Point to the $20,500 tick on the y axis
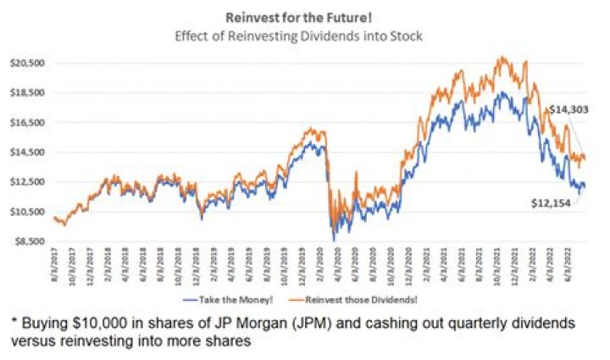click(27, 64)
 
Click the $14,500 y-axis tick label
click(27, 152)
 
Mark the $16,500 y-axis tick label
click(27, 123)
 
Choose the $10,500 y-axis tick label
click(27, 212)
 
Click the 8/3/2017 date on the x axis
click(55, 269)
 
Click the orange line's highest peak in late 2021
click(503, 58)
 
